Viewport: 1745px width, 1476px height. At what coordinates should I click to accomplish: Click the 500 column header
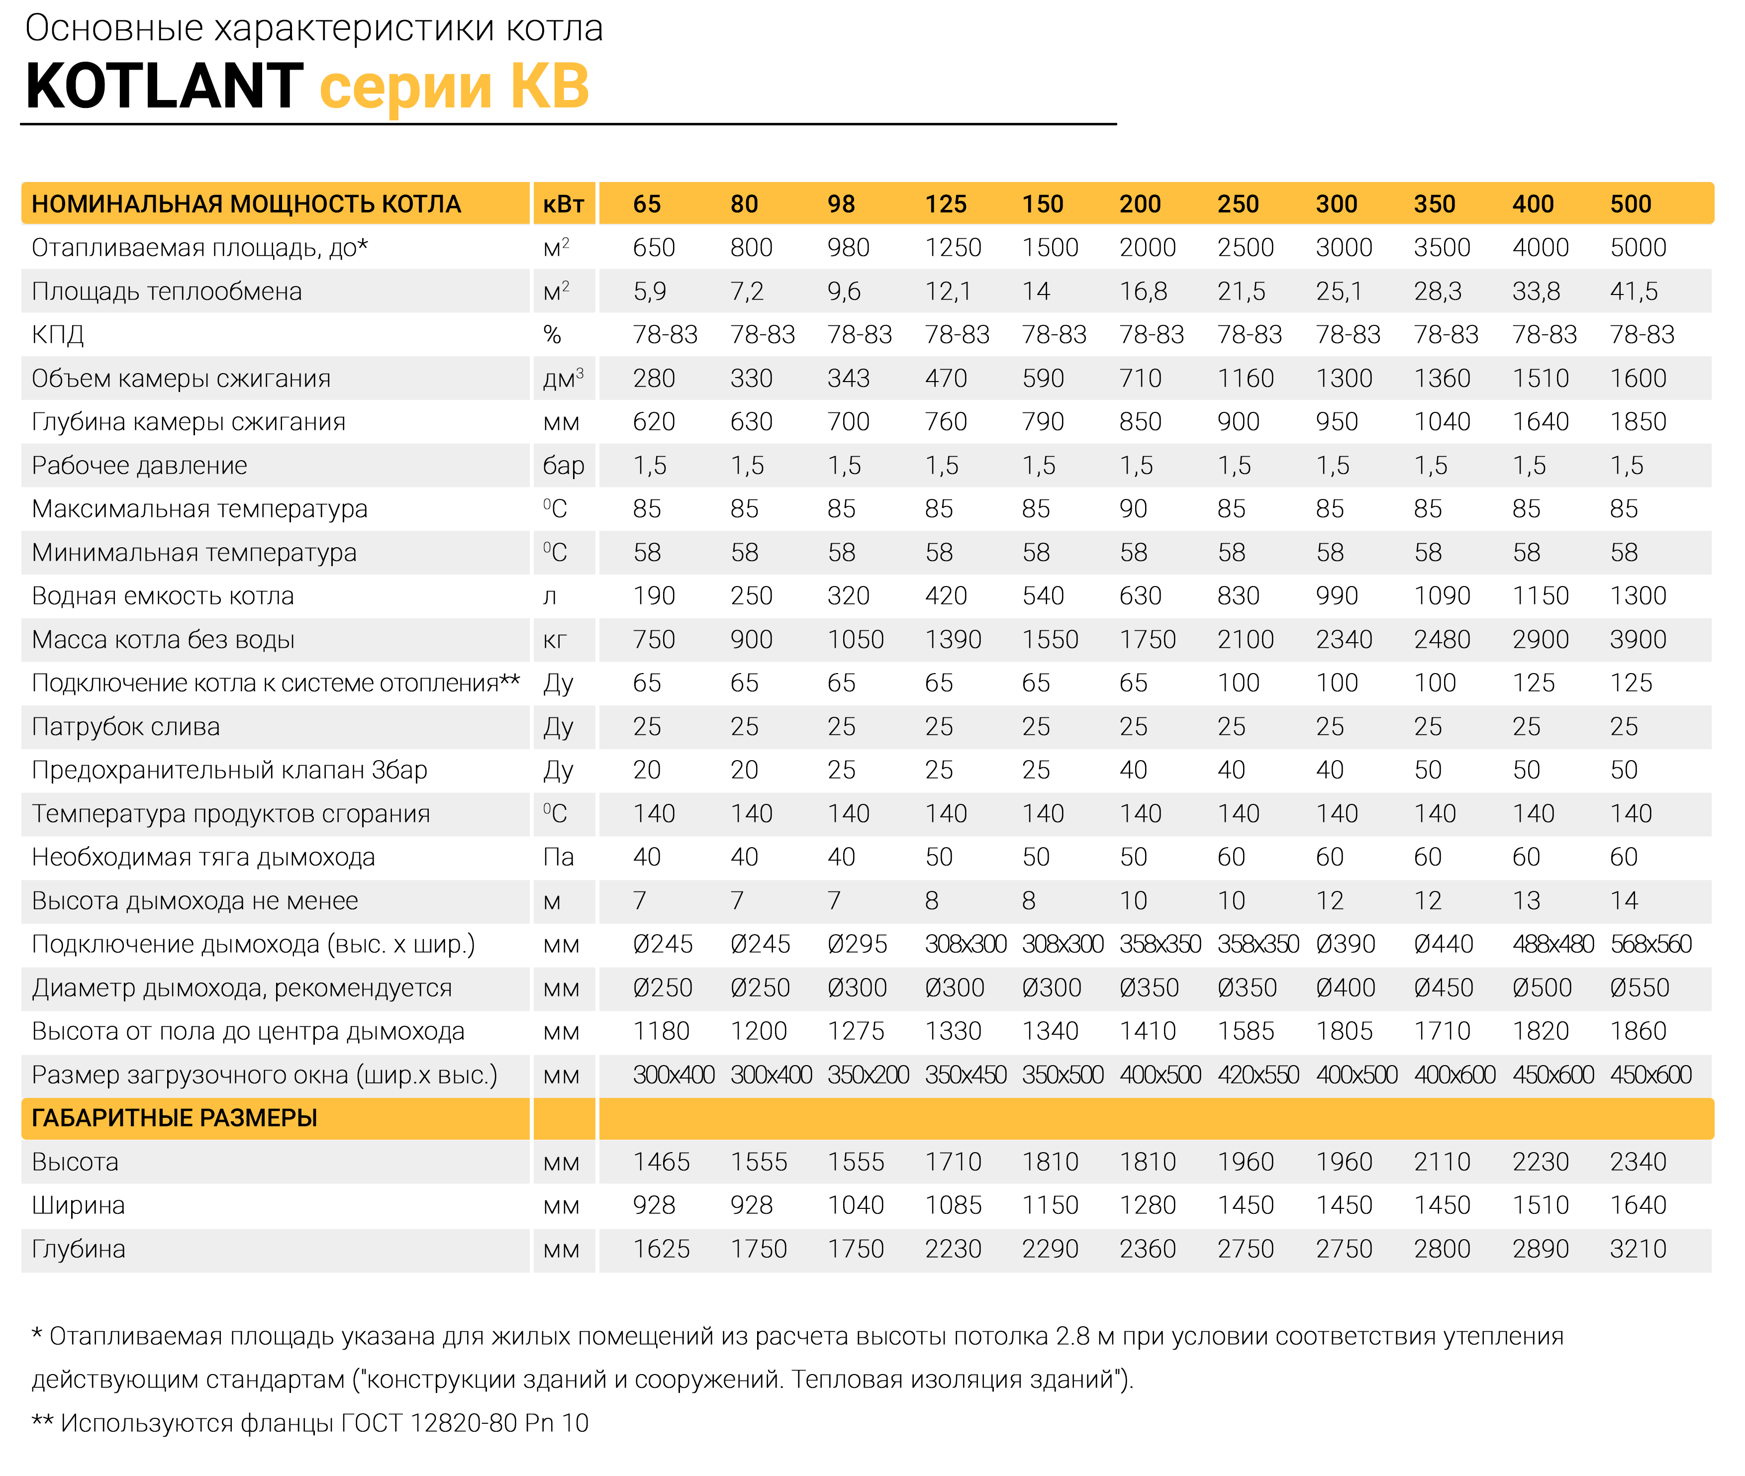[1631, 203]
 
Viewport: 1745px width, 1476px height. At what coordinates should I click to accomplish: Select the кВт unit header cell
[563, 203]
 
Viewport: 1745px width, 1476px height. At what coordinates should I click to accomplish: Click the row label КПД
[58, 335]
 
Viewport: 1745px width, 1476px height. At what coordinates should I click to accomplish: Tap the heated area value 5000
[1638, 248]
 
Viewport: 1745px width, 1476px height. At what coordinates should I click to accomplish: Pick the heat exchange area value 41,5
[1634, 291]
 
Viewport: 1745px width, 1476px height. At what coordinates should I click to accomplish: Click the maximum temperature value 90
[1134, 509]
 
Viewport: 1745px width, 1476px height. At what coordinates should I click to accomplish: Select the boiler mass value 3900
[1638, 639]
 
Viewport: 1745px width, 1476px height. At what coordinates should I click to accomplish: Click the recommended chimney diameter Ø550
[1640, 987]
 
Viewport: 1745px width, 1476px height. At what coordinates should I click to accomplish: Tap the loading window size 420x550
[1258, 1075]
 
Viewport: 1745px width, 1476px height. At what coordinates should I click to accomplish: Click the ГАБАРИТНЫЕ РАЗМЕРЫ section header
[174, 1118]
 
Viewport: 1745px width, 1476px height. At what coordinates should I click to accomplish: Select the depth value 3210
[1638, 1249]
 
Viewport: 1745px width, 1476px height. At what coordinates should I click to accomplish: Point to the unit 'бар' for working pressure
[563, 465]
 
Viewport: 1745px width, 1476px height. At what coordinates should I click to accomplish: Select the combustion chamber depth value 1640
[1540, 422]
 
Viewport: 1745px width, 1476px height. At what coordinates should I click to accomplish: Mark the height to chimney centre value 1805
[1344, 1031]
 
